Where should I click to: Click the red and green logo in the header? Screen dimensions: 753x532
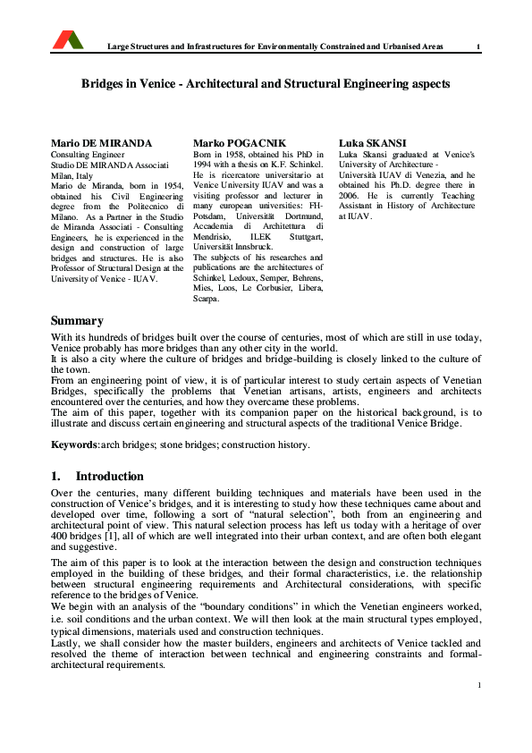tap(68, 39)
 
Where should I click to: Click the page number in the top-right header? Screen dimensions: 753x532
tap(478, 47)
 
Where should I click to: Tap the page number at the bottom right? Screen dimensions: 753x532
tap(479, 685)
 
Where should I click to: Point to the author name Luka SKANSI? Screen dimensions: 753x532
tap(372, 143)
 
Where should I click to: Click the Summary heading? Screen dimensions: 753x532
tap(77, 320)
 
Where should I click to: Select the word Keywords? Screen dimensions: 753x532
tap(72, 444)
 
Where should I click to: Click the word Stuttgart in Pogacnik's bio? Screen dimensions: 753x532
tap(305, 237)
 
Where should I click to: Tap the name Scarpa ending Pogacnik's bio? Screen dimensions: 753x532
tap(207, 299)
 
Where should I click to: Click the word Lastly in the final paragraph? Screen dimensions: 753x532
tap(65, 643)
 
